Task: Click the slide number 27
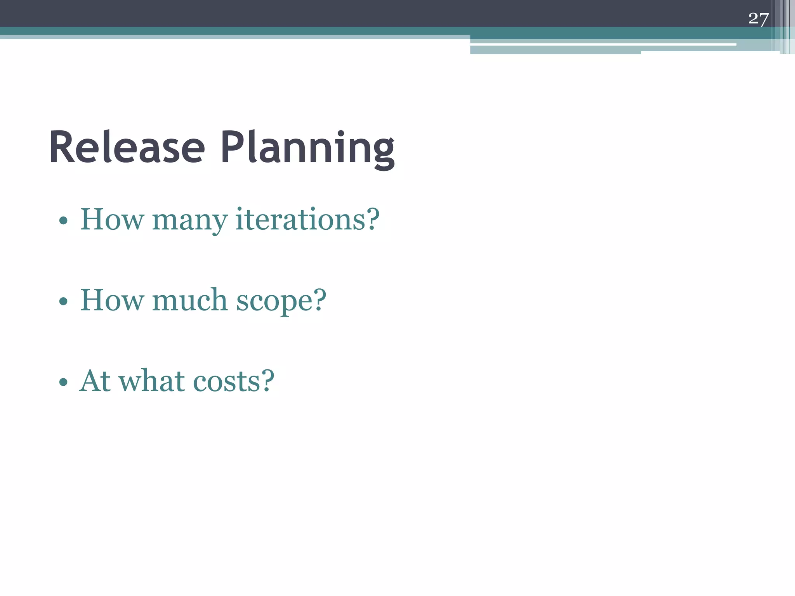click(x=758, y=19)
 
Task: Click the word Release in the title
click(x=127, y=148)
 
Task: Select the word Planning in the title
click(x=307, y=149)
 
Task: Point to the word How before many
click(x=111, y=220)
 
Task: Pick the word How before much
click(x=111, y=300)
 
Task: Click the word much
click(x=189, y=300)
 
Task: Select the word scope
click(x=274, y=302)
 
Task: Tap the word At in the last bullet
click(x=95, y=381)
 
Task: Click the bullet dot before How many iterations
click(x=63, y=221)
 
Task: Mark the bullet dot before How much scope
click(x=63, y=301)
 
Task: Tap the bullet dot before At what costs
click(x=63, y=383)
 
